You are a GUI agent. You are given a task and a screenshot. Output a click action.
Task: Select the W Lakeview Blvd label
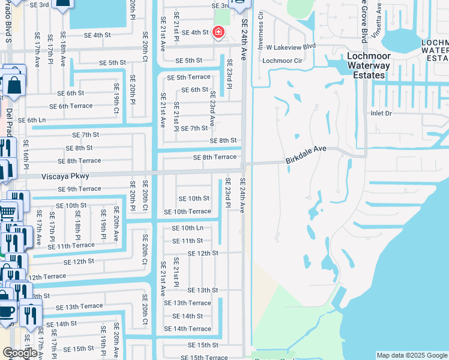tap(291, 46)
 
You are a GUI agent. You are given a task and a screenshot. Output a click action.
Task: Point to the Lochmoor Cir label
tap(282, 61)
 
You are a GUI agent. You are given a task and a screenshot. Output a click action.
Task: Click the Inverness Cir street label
tap(261, 23)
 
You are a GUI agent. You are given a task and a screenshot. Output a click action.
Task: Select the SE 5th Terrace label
tap(188, 77)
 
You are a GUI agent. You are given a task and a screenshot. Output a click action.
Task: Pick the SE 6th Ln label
tap(32, 120)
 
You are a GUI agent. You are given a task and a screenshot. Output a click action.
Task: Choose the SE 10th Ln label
tap(187, 228)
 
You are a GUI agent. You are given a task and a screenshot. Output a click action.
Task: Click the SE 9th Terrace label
tap(79, 189)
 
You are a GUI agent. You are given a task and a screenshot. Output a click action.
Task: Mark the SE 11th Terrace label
tap(71, 245)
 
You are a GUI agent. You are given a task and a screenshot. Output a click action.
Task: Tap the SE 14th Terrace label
tap(191, 329)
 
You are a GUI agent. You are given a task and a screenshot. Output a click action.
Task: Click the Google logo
tap(20, 353)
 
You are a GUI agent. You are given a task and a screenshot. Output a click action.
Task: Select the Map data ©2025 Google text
tap(412, 355)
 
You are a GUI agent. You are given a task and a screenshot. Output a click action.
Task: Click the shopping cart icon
tap(7, 211)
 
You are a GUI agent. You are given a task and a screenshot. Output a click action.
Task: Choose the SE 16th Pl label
tap(26, 158)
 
